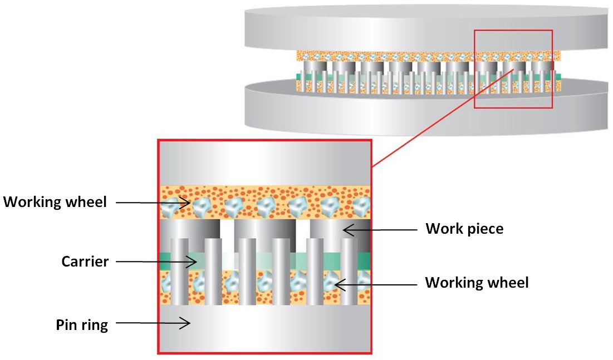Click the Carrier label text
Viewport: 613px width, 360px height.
(85, 262)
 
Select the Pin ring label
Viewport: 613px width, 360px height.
(81, 324)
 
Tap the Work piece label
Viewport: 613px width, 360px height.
(464, 228)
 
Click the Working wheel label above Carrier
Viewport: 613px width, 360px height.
(55, 202)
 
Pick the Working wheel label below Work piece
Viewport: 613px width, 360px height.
(477, 283)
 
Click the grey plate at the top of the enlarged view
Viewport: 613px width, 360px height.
(265, 161)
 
